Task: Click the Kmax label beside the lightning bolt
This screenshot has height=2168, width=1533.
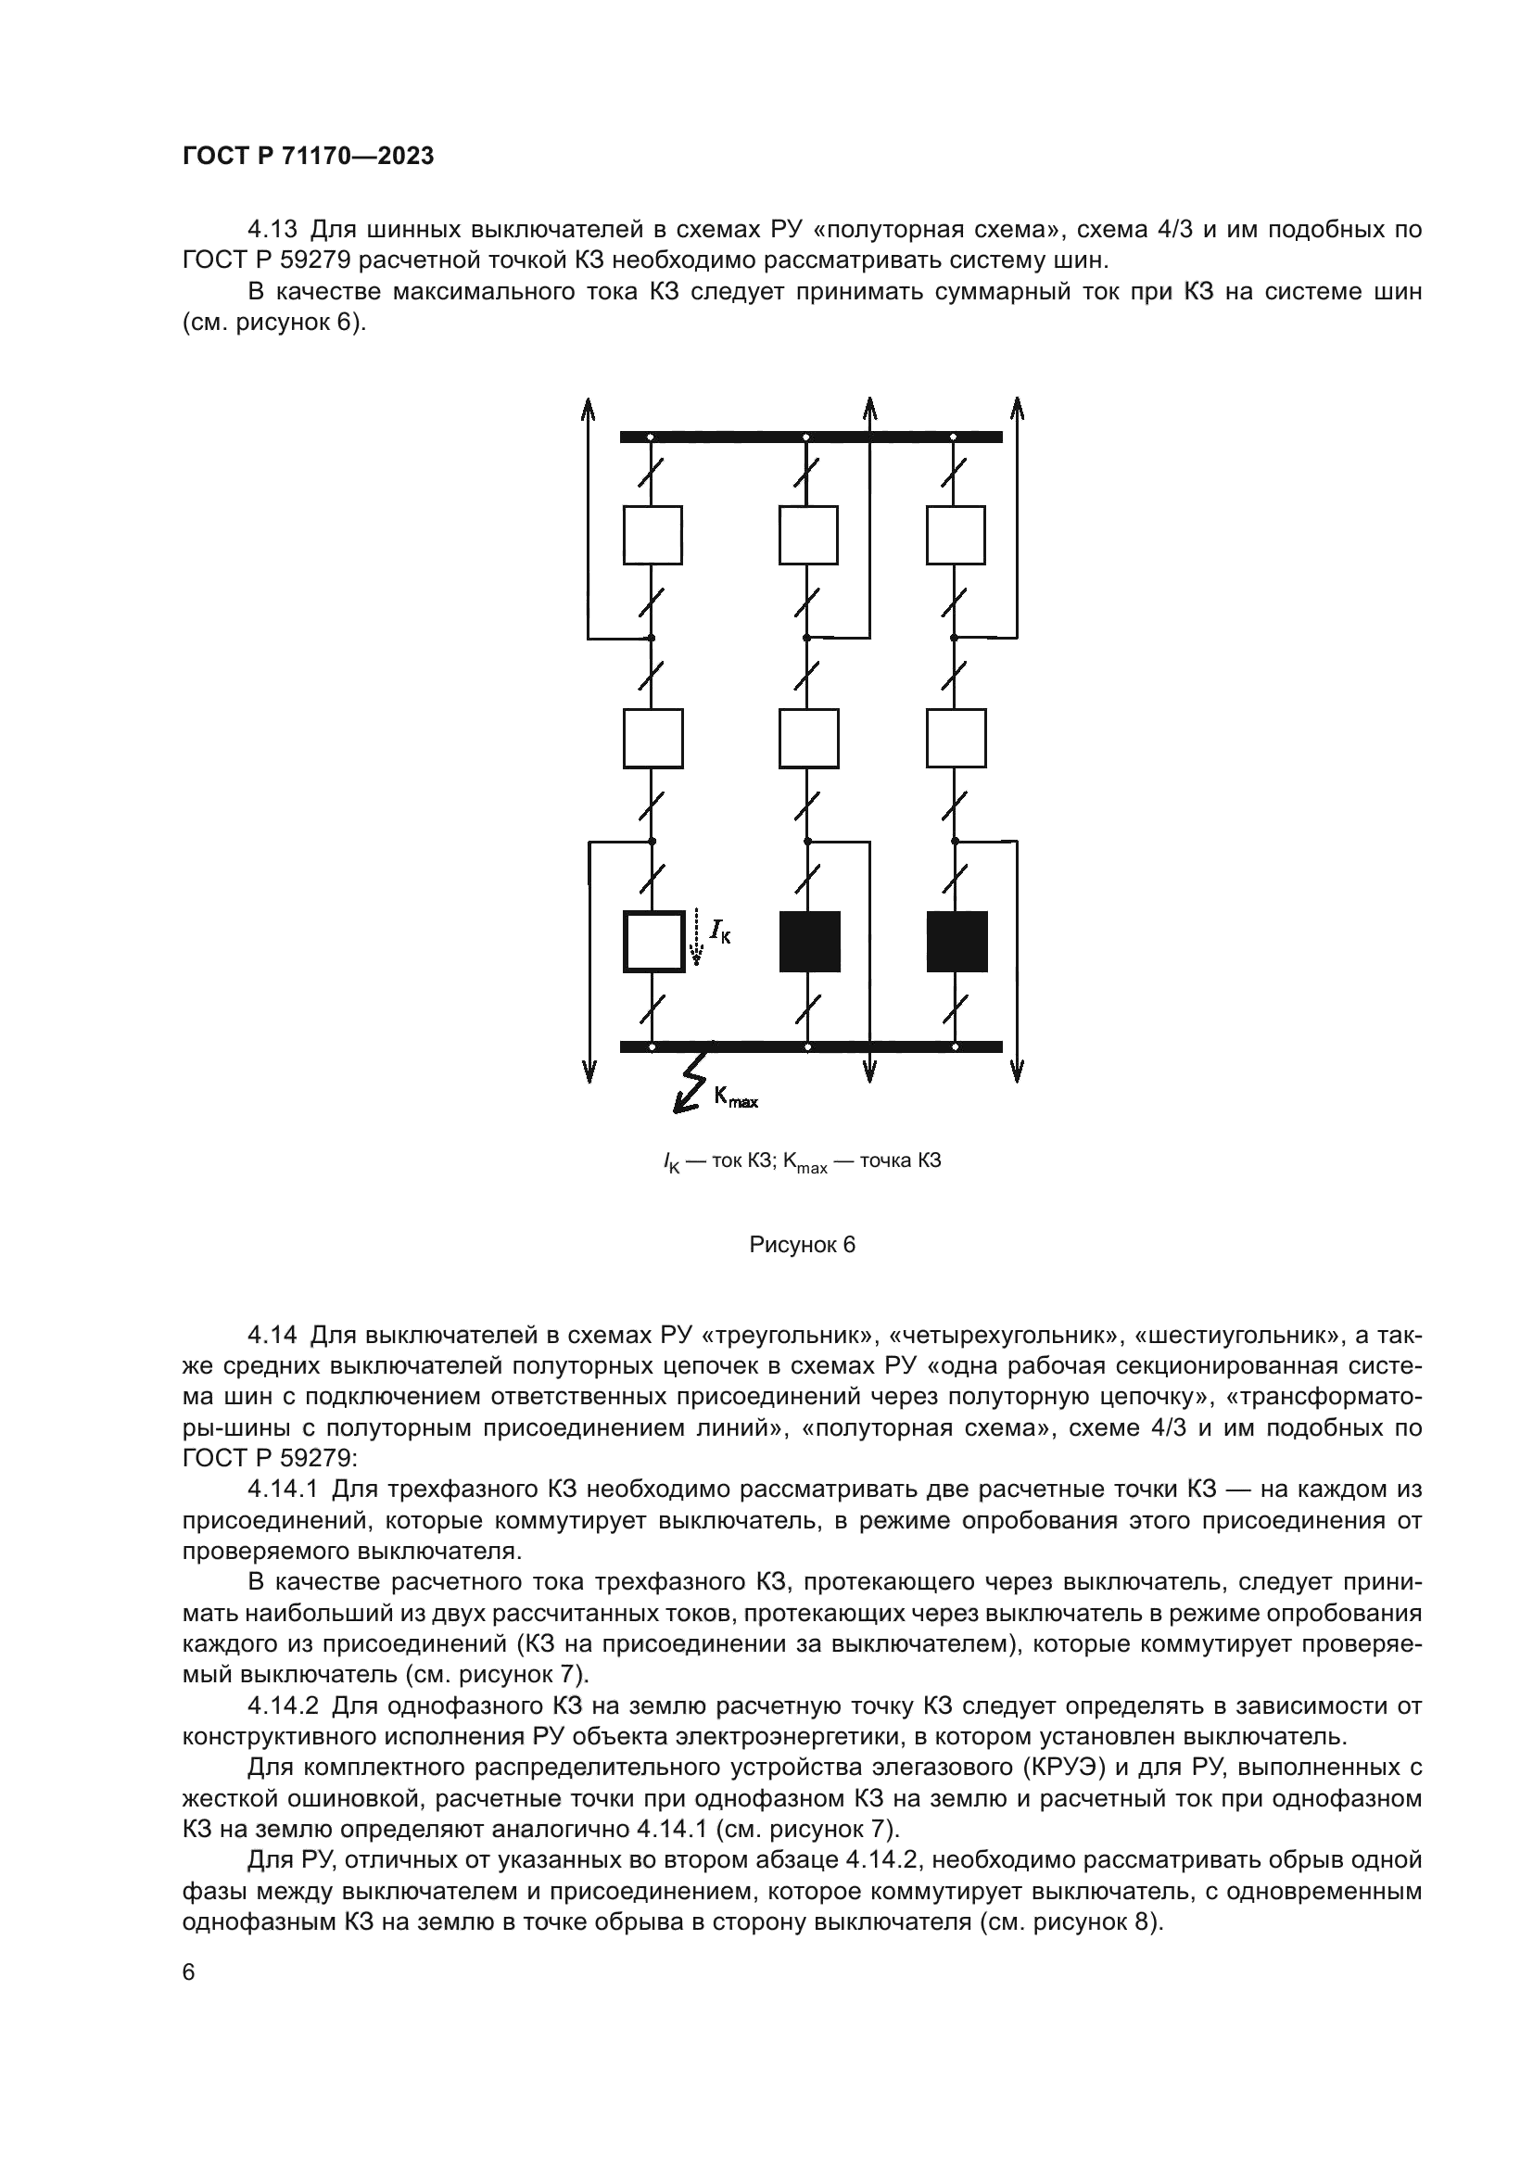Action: (735, 1097)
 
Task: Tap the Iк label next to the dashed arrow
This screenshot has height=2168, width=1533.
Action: (720, 934)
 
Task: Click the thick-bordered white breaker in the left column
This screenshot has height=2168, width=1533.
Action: (653, 942)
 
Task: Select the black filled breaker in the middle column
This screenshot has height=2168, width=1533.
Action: (809, 942)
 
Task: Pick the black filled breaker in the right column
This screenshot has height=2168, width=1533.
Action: (957, 942)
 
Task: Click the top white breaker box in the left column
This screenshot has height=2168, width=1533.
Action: (653, 536)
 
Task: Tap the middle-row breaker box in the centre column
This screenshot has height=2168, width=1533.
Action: (809, 739)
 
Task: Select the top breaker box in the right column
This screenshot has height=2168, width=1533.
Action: (957, 536)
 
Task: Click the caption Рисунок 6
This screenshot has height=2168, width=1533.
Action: (802, 1246)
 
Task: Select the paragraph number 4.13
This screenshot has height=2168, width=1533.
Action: (272, 230)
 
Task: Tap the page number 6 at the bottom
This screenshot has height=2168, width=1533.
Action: (189, 1972)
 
